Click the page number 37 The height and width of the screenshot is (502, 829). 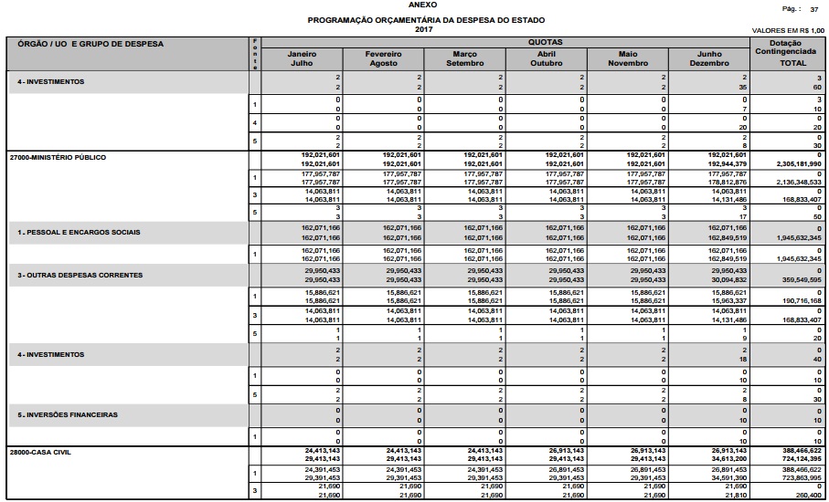point(814,8)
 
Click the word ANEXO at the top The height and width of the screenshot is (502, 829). point(422,5)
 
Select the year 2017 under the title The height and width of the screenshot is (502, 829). point(422,29)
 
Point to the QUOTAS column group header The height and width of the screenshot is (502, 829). point(544,42)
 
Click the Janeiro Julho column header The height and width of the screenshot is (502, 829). point(302,58)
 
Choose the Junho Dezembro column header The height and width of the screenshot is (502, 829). point(707,58)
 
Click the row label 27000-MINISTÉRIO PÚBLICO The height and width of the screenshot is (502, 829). point(58,157)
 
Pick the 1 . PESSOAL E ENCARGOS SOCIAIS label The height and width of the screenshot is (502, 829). point(79,232)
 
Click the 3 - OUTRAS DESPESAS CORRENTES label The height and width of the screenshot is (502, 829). point(80,274)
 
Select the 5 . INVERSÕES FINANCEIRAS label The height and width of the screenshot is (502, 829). point(69,413)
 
